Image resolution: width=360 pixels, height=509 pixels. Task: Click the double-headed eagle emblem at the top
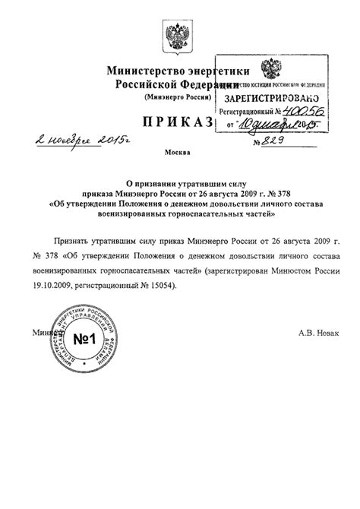[179, 35]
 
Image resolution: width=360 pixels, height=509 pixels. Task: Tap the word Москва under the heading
[179, 153]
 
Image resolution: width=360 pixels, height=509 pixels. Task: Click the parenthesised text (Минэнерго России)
[179, 99]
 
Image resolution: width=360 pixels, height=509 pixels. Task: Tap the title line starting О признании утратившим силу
[180, 182]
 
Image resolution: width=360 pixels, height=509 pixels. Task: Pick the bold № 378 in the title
[270, 192]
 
